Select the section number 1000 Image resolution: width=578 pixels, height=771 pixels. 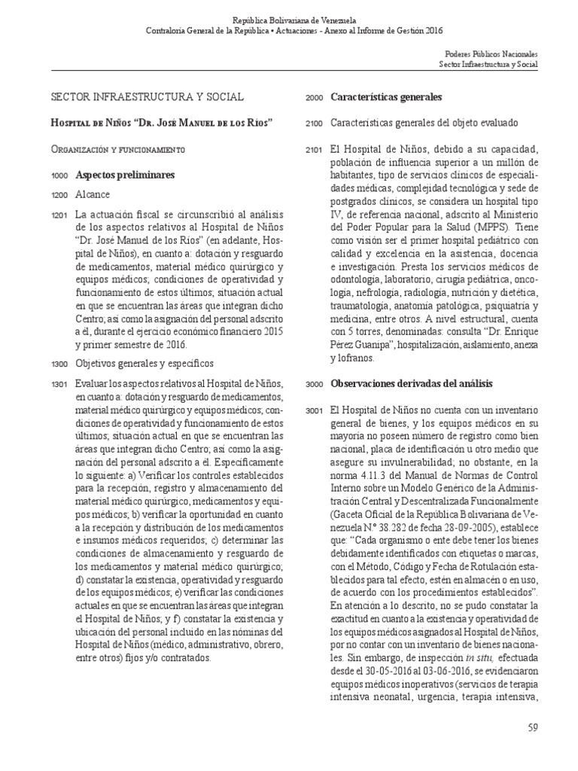(x=59, y=175)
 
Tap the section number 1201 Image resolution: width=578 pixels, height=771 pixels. (x=59, y=215)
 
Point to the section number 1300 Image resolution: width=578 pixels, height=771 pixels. (x=59, y=364)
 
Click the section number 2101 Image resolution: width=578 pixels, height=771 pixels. (x=314, y=149)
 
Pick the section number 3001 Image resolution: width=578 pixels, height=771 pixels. (x=314, y=411)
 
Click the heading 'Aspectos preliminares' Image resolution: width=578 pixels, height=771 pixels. (x=124, y=175)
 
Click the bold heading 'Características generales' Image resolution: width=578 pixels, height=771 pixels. (x=385, y=98)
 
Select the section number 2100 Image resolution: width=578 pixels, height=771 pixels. (x=314, y=123)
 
